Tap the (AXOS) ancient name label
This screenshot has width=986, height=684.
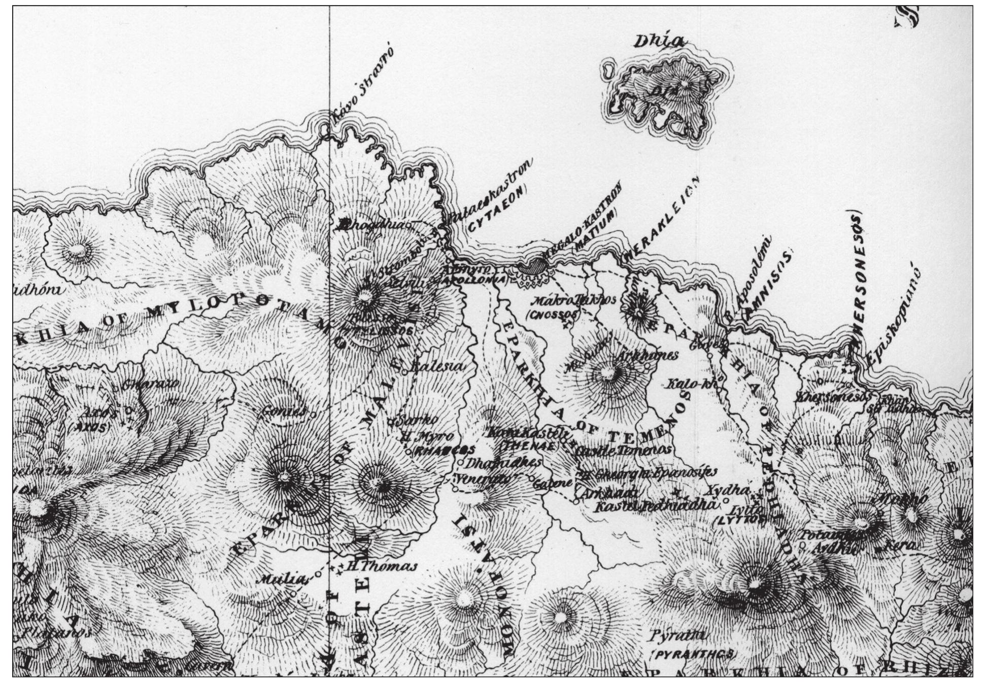coord(92,427)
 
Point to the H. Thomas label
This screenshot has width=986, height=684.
coord(381,567)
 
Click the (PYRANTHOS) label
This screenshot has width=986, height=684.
coord(693,655)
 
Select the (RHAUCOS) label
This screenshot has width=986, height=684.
coord(445,450)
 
